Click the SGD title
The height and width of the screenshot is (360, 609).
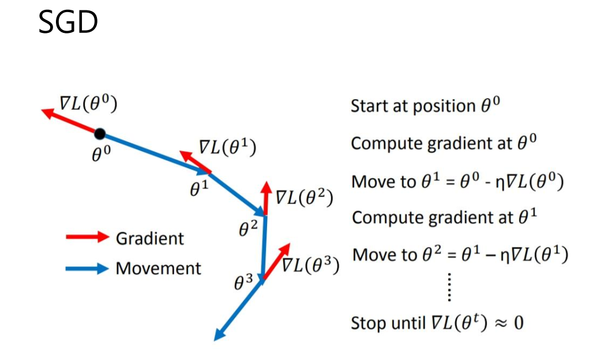click(67, 22)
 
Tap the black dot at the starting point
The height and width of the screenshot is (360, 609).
click(100, 134)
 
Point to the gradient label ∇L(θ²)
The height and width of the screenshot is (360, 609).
click(304, 197)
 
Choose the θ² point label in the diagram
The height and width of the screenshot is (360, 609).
click(248, 230)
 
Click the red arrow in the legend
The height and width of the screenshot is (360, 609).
click(87, 237)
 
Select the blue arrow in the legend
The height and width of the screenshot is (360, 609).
click(87, 268)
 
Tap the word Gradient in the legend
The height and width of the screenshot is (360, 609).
click(150, 238)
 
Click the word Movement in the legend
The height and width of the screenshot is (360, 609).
click(159, 268)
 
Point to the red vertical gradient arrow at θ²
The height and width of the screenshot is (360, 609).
click(266, 199)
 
